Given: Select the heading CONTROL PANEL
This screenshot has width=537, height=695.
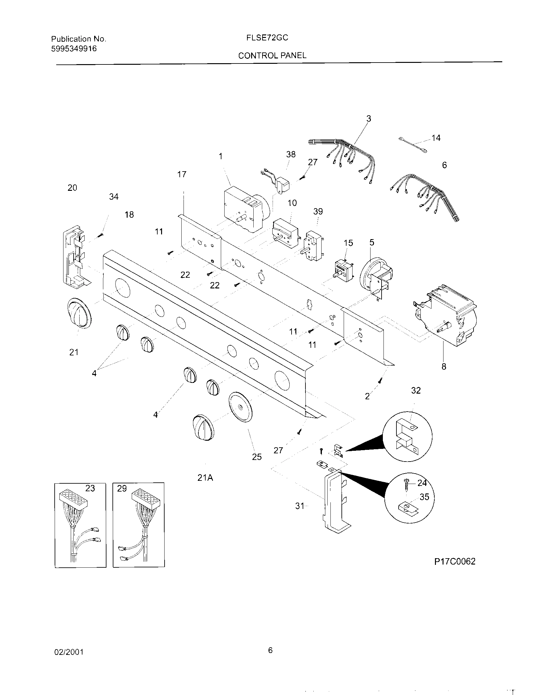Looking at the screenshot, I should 272,56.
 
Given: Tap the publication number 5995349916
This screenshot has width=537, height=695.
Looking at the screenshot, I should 74,49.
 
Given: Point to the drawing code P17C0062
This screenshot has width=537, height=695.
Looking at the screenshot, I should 455,561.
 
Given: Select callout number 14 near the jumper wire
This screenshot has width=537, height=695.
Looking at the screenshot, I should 436,138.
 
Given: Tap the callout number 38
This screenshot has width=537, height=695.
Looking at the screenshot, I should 291,154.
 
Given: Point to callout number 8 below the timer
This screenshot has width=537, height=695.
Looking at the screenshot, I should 444,366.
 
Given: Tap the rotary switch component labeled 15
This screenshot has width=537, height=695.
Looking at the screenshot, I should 344,271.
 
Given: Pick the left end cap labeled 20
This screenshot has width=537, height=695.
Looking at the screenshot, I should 75,257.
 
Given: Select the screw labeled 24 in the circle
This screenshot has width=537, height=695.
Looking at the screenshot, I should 406,485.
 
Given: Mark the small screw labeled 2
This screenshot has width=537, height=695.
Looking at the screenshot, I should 380,380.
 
